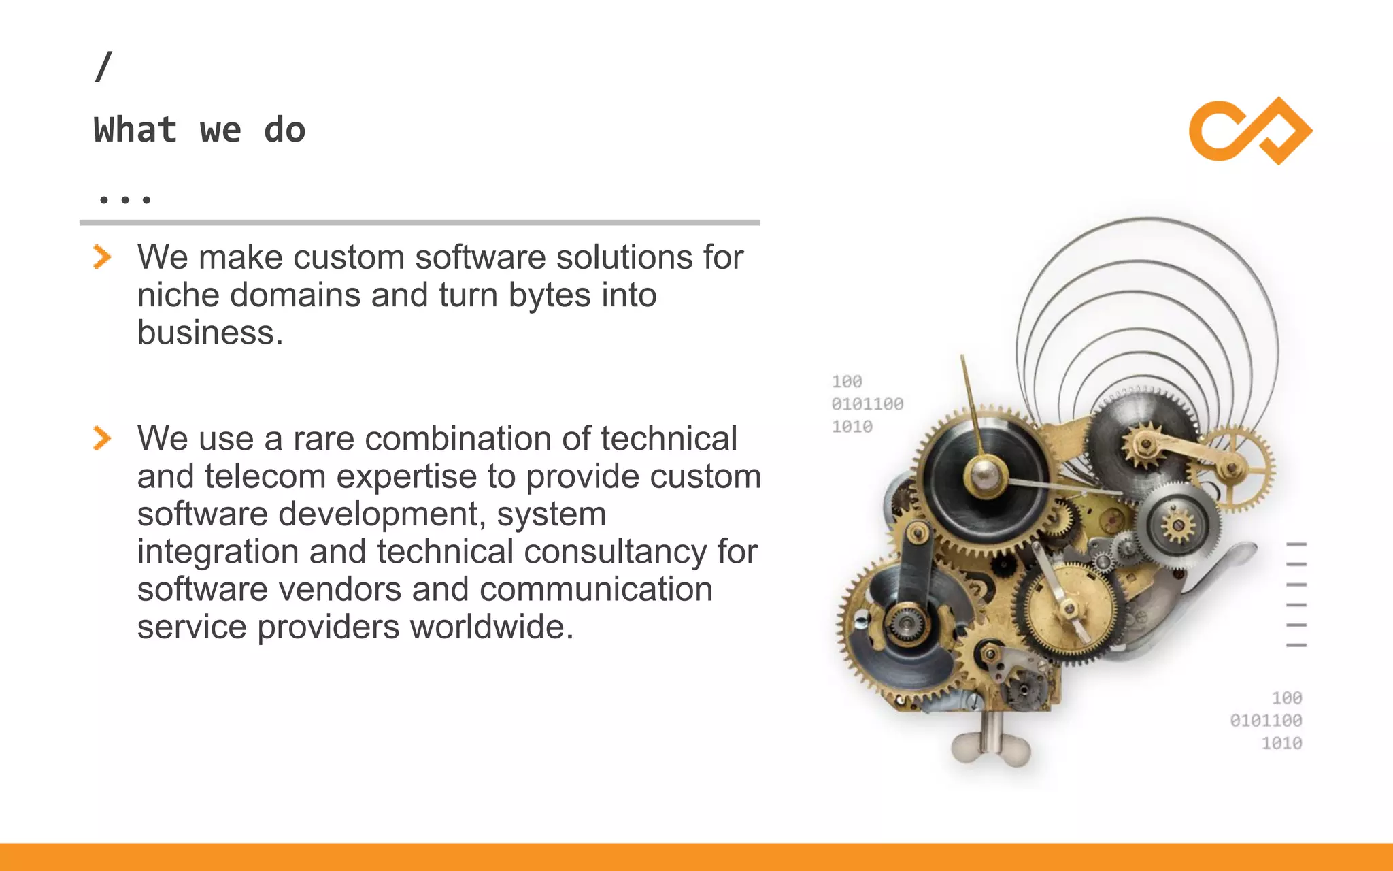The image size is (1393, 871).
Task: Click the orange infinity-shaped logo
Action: pyautogui.click(x=1250, y=131)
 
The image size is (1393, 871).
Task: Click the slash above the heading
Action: pyautogui.click(x=103, y=67)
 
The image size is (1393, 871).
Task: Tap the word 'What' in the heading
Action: pyautogui.click(x=135, y=130)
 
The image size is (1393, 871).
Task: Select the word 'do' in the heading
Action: pyautogui.click(x=284, y=130)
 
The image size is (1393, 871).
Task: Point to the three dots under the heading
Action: pyautogui.click(x=124, y=200)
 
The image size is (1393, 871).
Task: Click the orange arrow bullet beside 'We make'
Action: pyautogui.click(x=102, y=257)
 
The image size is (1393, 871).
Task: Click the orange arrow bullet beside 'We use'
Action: pyautogui.click(x=102, y=438)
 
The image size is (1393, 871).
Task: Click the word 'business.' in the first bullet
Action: pyautogui.click(x=209, y=333)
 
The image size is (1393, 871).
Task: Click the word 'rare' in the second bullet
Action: pyautogui.click(x=323, y=439)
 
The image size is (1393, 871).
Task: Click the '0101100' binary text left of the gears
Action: pyautogui.click(x=867, y=404)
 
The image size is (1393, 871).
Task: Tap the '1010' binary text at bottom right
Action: pyautogui.click(x=1281, y=743)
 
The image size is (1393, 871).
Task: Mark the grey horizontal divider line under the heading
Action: pyautogui.click(x=419, y=223)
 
